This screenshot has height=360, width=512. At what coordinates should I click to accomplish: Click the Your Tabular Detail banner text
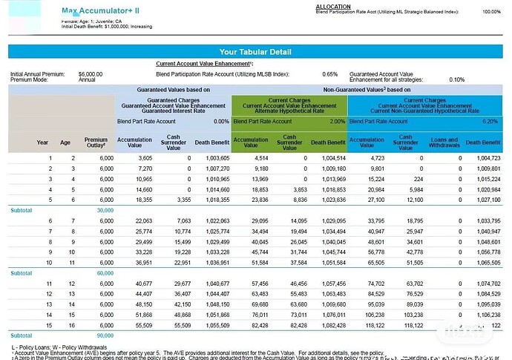(256, 52)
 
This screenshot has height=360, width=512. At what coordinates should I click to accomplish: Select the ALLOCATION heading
(332, 6)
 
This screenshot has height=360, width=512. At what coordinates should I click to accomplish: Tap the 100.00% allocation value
(491, 12)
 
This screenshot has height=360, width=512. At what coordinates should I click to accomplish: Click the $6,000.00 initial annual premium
(91, 74)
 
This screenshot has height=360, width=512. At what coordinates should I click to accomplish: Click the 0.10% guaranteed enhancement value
(456, 79)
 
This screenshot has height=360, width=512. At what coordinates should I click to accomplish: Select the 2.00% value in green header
(337, 121)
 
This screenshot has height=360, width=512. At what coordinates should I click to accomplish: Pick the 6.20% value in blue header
(490, 121)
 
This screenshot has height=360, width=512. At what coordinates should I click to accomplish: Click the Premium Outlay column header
(96, 142)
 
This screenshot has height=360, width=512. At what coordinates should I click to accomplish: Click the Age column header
(65, 142)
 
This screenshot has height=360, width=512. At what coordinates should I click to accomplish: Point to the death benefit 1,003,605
(212, 158)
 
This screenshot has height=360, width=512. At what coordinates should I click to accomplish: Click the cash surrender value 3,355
(180, 200)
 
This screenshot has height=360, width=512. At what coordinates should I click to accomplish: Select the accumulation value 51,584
(255, 262)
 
